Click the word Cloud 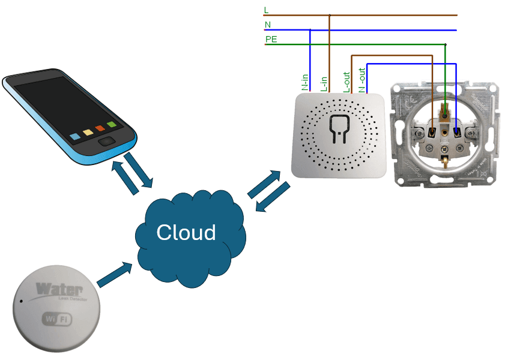(186, 232)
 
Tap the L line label (266, 10)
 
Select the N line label (267, 25)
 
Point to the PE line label (271, 40)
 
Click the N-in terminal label (305, 82)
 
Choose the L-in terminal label (324, 83)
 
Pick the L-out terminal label (346, 82)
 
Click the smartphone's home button (108, 142)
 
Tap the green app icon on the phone (112, 125)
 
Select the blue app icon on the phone (75, 136)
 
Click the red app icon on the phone (100, 128)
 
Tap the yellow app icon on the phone (88, 132)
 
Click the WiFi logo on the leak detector (56, 319)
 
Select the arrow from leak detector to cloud (115, 274)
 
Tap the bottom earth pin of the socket (446, 161)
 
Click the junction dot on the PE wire (445, 44)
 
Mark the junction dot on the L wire (329, 15)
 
